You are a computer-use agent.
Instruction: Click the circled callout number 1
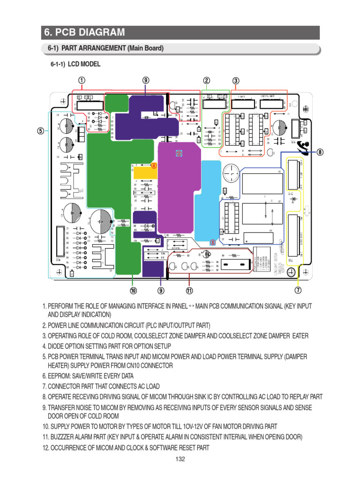(x=82, y=80)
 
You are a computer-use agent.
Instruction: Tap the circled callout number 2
(x=206, y=80)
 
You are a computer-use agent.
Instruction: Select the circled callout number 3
(x=236, y=80)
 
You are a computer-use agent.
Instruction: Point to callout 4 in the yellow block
(x=153, y=165)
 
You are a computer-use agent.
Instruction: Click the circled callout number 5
(x=41, y=131)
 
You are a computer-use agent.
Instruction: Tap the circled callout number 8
(x=320, y=152)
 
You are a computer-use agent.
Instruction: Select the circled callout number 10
(x=133, y=291)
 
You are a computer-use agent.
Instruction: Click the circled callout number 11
(x=189, y=291)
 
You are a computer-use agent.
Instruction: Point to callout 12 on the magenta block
(x=179, y=153)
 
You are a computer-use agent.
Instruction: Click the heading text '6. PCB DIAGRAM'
(x=84, y=32)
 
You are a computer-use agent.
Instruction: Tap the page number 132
(x=180, y=459)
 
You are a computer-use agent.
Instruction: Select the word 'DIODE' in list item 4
(x=58, y=346)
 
